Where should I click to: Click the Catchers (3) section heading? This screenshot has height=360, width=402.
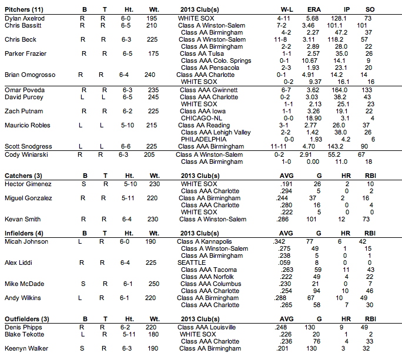[23, 176]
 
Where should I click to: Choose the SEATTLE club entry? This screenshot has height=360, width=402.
[192, 263]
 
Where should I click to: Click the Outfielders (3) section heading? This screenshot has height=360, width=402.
[26, 319]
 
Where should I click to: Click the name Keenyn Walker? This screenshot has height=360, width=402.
[25, 348]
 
